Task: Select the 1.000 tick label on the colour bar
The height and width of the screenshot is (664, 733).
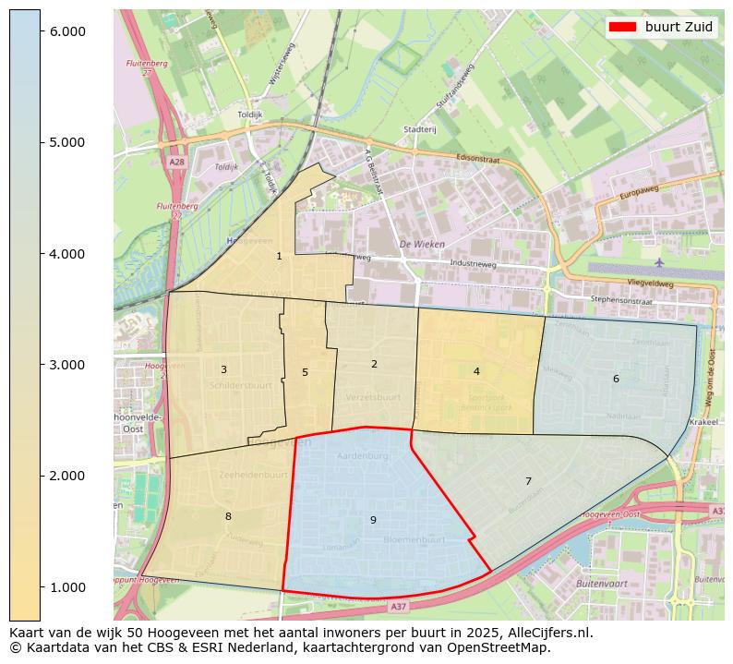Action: (x=66, y=587)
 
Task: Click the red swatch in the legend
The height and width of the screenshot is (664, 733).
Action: (x=619, y=27)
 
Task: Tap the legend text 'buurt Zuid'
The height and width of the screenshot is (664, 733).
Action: (x=679, y=27)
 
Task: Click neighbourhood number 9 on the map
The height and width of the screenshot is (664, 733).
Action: (x=373, y=520)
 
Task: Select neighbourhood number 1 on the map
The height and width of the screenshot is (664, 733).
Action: (x=279, y=256)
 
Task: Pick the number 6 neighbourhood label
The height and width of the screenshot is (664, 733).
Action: (x=616, y=379)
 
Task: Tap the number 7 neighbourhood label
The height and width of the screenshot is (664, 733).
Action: (x=528, y=481)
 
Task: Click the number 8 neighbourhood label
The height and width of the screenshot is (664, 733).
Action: (x=228, y=516)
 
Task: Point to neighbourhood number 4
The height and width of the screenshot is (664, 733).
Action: (x=476, y=371)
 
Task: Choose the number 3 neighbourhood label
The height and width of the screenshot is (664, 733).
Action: (x=223, y=369)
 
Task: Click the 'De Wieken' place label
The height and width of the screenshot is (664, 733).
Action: (x=422, y=245)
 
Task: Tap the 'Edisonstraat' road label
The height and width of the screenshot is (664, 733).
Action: (x=477, y=159)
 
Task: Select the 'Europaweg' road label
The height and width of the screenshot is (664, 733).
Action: (x=639, y=195)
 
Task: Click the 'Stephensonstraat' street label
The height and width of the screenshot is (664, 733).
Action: (x=621, y=299)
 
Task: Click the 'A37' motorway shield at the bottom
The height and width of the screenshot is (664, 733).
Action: (x=398, y=606)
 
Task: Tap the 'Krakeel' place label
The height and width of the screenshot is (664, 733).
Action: (x=703, y=420)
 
